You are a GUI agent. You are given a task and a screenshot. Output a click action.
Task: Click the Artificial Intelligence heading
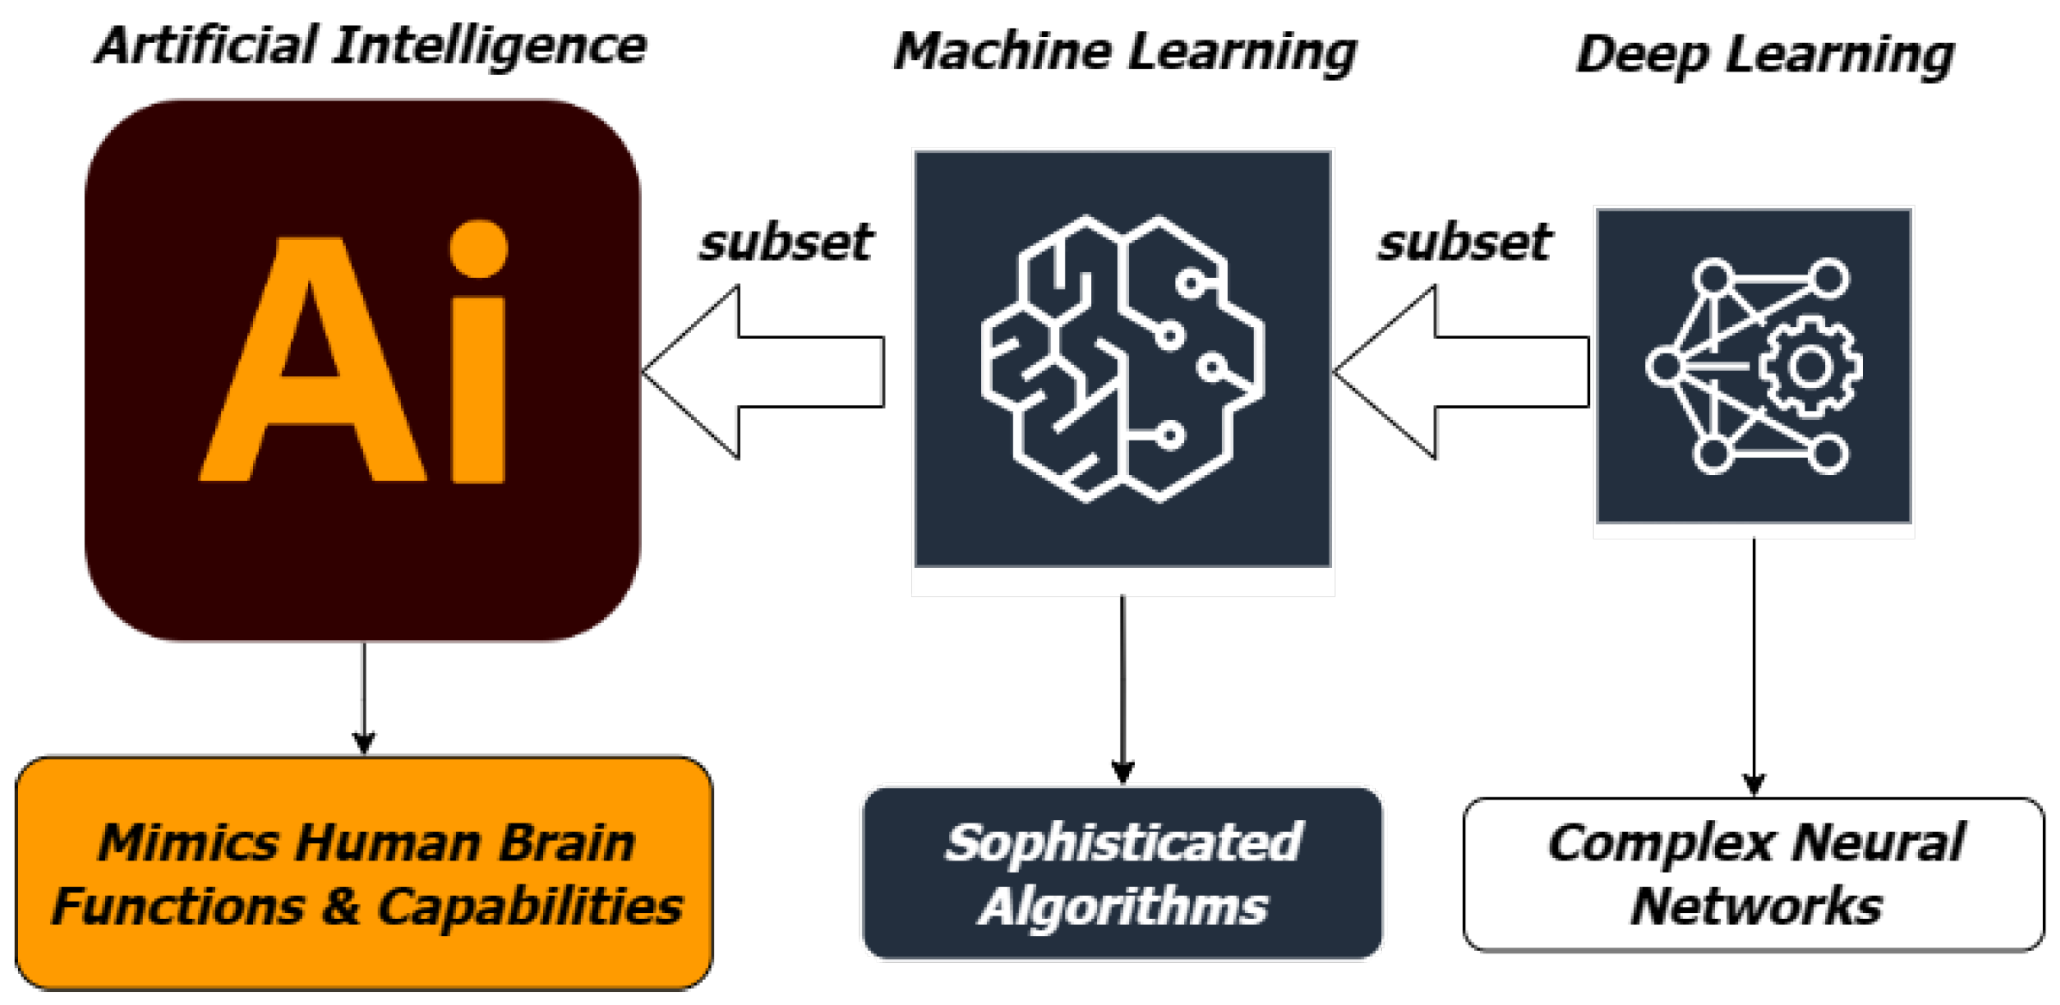pos(370,47)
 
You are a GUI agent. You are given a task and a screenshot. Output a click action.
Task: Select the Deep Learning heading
pos(1764,56)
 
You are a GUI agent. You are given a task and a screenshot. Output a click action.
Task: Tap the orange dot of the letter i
pos(478,250)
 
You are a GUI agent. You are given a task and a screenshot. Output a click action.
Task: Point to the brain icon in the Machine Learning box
pos(1122,359)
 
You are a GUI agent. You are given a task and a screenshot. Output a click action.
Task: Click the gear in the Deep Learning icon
pos(1810,367)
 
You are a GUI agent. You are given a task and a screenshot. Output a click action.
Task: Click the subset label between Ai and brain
pos(785,243)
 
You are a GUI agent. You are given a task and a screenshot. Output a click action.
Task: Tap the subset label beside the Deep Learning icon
pos(1465,243)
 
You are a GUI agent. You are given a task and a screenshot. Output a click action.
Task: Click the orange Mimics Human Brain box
pos(364,872)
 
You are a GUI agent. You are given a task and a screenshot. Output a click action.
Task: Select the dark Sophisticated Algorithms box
pos(1122,872)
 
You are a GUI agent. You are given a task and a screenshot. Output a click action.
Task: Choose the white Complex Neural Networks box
pos(1753,874)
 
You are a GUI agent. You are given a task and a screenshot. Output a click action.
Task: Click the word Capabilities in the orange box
pos(529,907)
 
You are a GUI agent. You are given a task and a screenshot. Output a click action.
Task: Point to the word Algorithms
pos(1122,907)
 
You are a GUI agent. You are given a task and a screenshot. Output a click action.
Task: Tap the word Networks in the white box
pos(1755,907)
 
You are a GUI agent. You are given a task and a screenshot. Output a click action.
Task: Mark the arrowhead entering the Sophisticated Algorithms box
pos(1122,772)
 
